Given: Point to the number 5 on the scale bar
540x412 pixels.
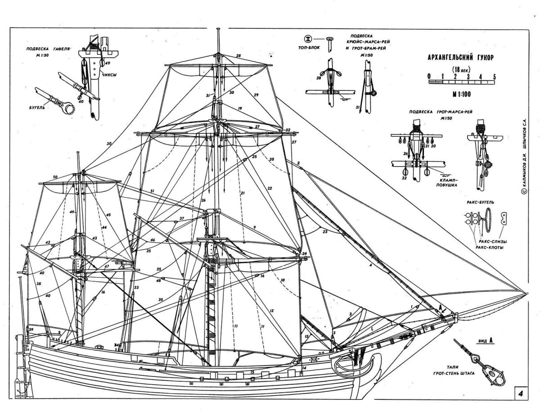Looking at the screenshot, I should pyautogui.click(x=495, y=76).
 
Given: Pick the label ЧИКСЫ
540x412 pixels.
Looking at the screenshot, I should pyautogui.click(x=109, y=75).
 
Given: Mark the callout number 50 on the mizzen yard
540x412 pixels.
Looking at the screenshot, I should pyautogui.click(x=55, y=177).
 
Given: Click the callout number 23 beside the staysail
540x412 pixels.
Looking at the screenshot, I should pyautogui.click(x=325, y=232).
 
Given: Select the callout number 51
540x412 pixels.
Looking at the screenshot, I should pyautogui.click(x=153, y=191).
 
